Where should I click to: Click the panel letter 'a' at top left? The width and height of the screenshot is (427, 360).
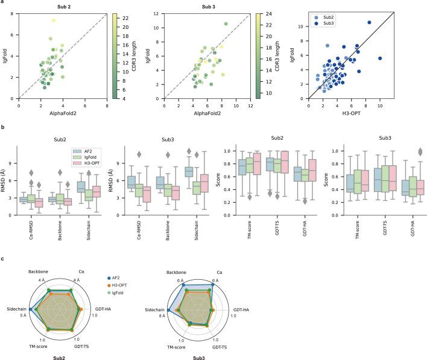[x=4, y=3]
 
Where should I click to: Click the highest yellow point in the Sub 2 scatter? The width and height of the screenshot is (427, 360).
[x=53, y=21]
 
